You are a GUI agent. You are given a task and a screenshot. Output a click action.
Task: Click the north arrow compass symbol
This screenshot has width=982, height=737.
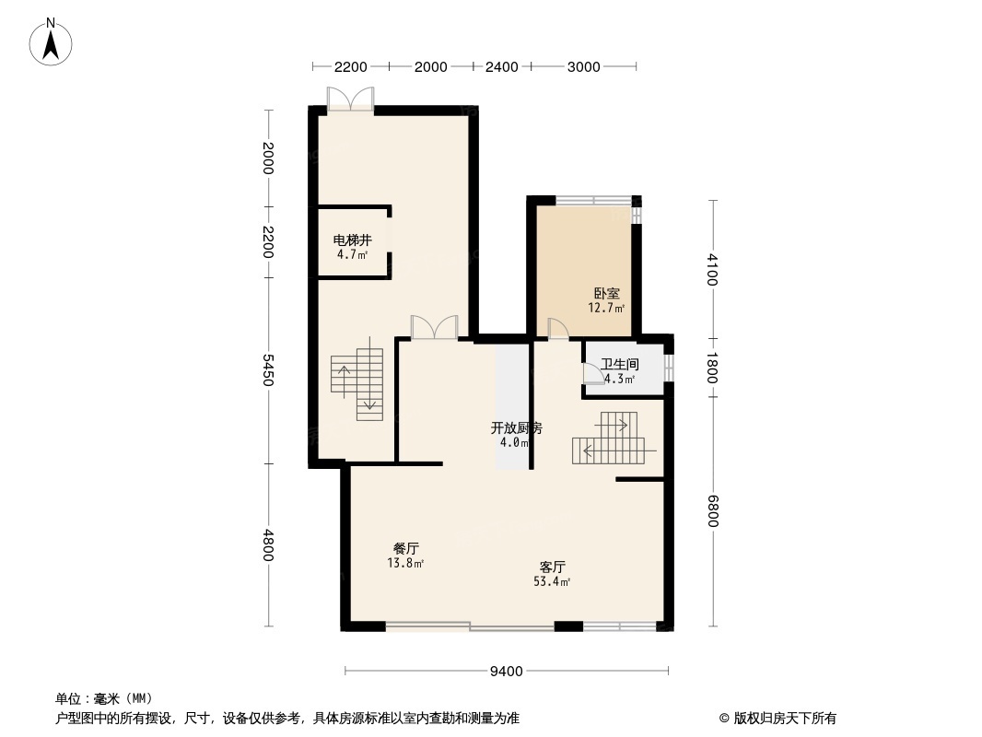click(x=51, y=42)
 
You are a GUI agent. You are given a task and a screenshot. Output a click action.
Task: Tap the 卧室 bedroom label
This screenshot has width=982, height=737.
click(x=607, y=293)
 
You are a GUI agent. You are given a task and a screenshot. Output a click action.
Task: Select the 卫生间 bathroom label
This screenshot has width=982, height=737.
click(x=619, y=364)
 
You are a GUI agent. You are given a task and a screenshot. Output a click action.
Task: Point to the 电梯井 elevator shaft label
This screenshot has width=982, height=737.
click(x=353, y=240)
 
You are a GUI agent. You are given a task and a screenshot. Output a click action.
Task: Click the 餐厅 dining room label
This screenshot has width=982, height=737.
click(x=406, y=548)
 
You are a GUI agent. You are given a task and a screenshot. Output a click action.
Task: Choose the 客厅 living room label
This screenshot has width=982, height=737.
click(x=553, y=567)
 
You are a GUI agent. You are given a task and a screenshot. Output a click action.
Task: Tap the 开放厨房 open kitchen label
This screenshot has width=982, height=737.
click(x=516, y=427)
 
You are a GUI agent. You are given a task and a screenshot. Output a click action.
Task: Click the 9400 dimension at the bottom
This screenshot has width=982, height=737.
click(x=506, y=672)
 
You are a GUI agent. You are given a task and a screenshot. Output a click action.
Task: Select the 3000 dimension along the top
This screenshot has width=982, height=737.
click(x=584, y=67)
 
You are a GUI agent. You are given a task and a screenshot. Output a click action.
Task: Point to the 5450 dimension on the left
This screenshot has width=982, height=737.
click(x=268, y=370)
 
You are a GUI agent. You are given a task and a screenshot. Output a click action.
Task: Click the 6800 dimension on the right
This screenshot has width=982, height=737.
click(x=713, y=511)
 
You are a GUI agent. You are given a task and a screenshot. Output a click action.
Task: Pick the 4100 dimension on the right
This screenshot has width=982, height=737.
click(x=712, y=269)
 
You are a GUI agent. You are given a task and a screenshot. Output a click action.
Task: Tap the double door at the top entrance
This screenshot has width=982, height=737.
click(x=351, y=99)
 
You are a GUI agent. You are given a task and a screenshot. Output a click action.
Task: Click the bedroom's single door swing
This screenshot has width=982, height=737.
click(x=558, y=329)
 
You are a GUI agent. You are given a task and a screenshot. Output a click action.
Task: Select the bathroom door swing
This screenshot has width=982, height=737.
click(x=593, y=373)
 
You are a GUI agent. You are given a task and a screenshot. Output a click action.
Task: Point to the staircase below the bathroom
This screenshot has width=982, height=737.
click(x=608, y=438)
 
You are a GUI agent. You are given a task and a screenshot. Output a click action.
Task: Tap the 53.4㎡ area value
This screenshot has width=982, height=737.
click(x=552, y=581)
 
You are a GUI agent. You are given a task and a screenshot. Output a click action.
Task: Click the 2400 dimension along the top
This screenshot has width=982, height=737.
click(x=502, y=67)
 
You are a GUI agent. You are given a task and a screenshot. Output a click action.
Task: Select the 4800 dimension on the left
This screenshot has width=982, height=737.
click(x=268, y=545)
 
